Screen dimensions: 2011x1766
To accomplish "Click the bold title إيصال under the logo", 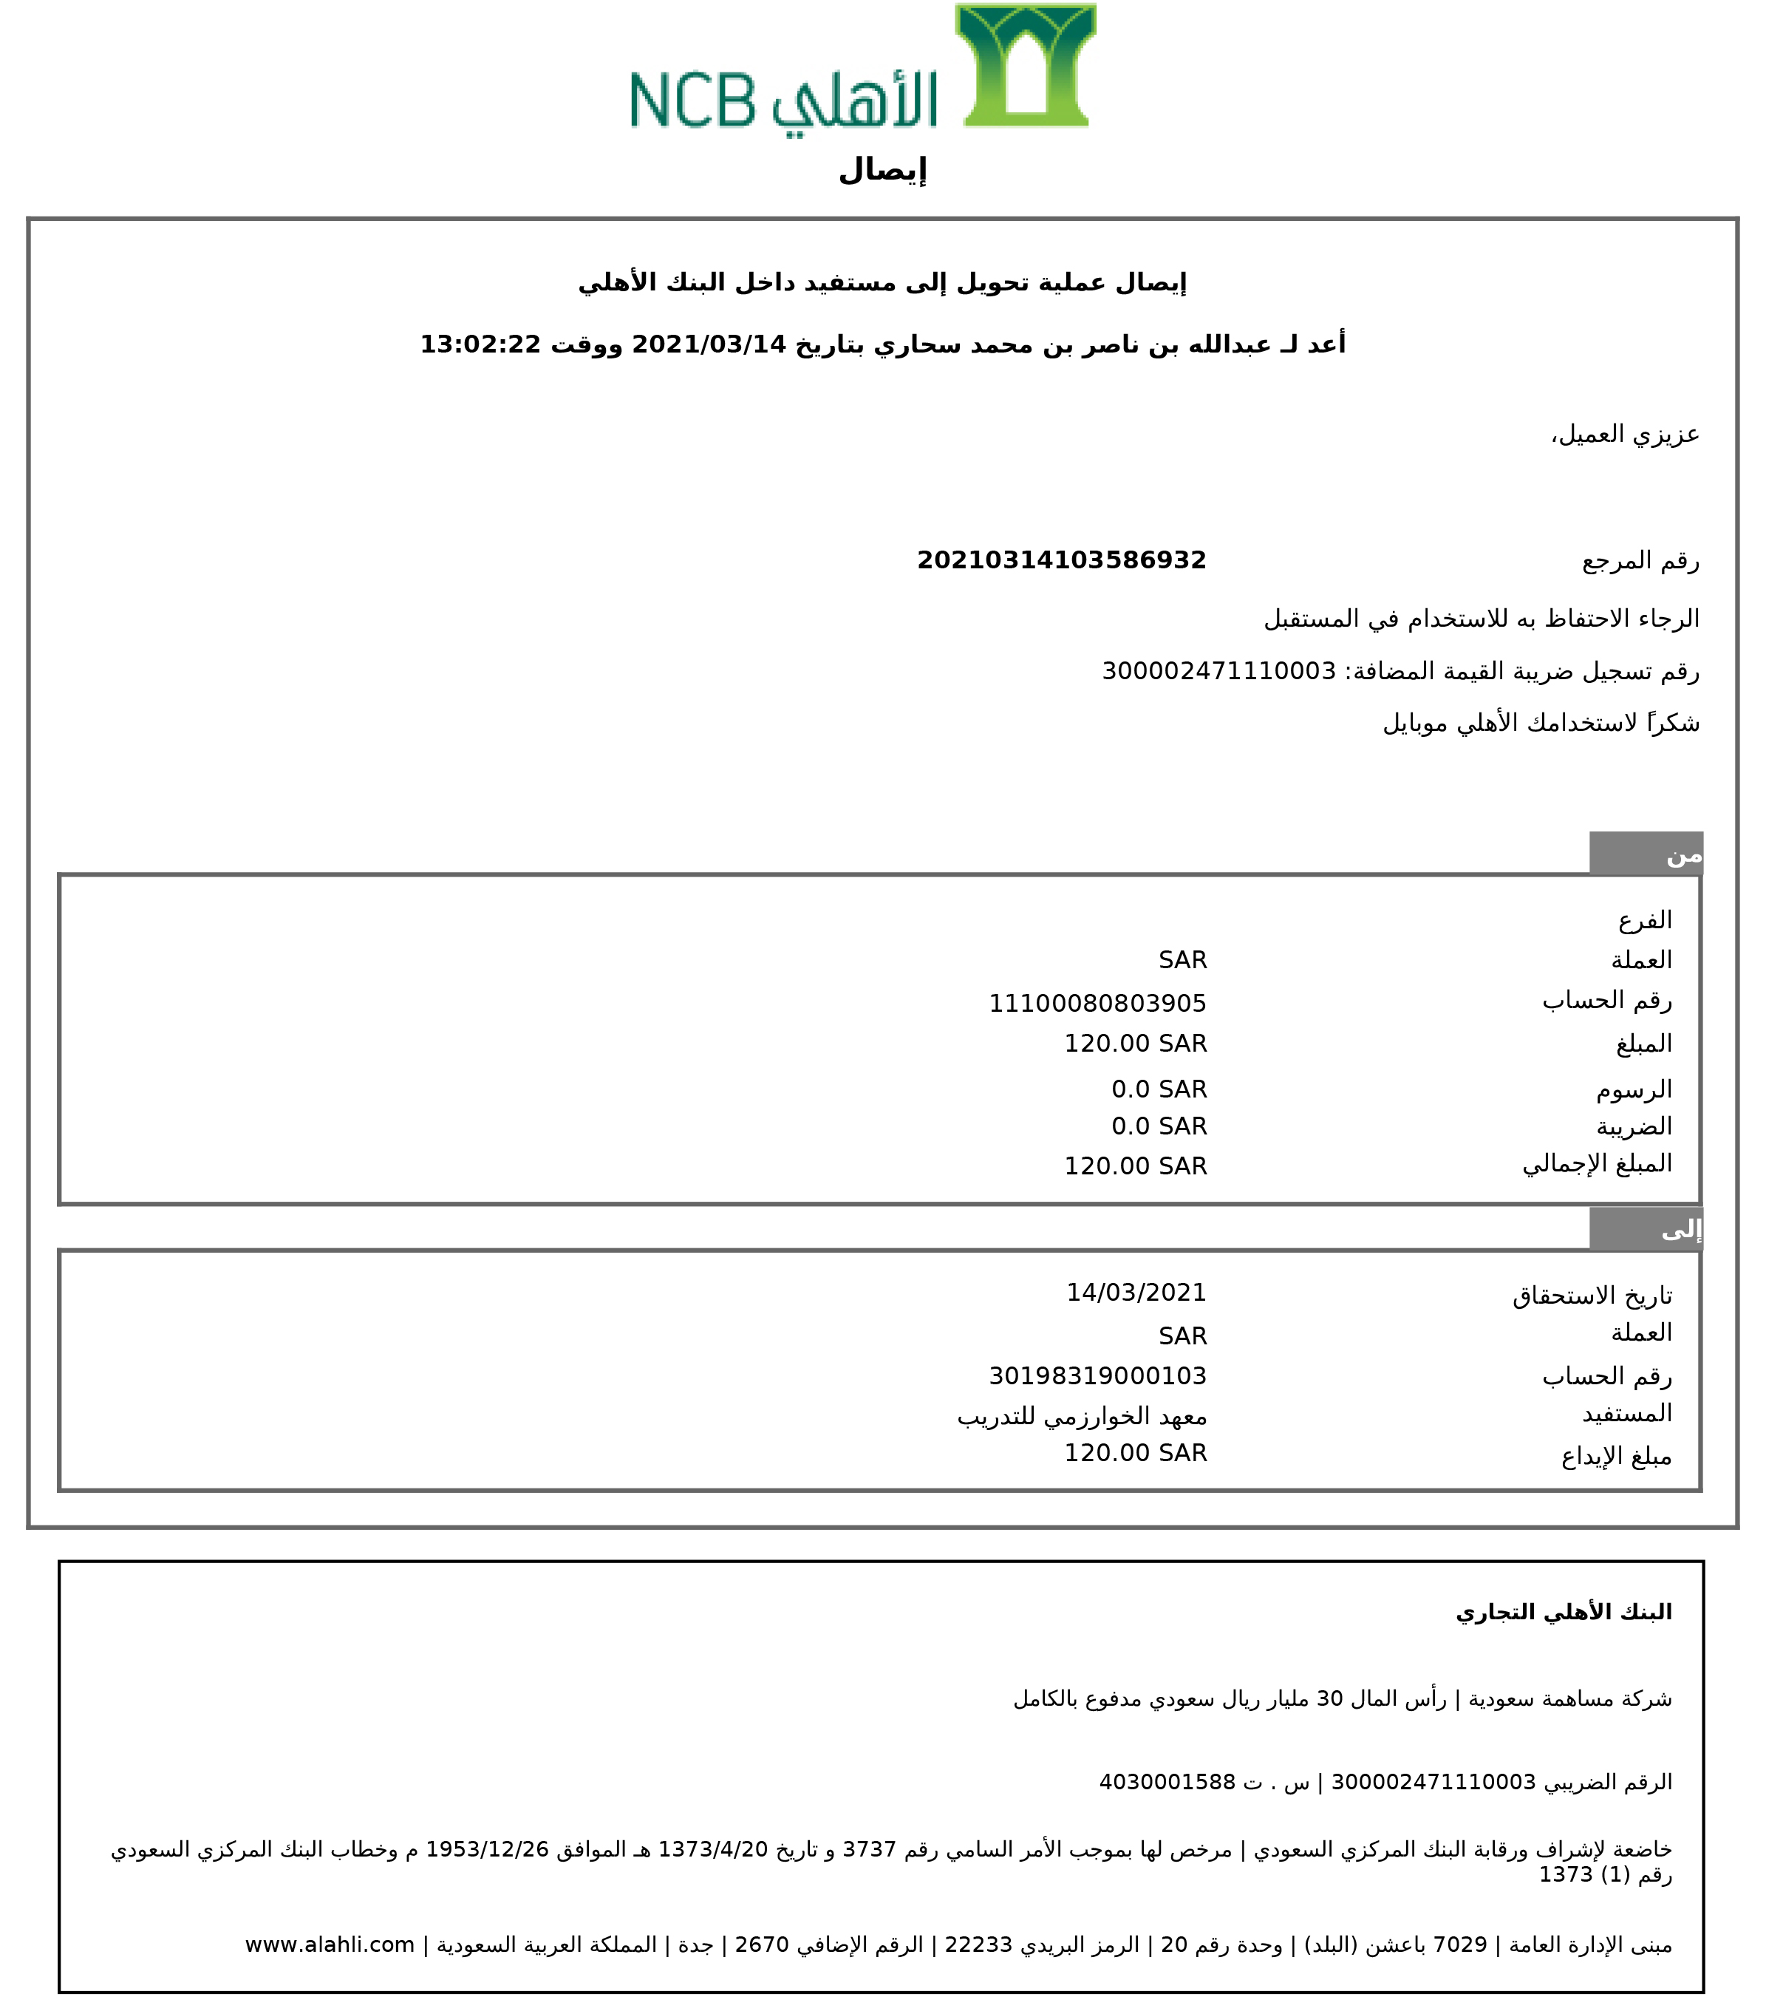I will point(882,170).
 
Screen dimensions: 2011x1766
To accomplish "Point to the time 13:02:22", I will point(480,344).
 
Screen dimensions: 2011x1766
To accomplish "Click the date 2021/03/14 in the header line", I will point(709,344).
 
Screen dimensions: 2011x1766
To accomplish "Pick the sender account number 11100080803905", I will point(1097,1004).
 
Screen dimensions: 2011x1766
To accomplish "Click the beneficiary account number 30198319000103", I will point(1097,1375).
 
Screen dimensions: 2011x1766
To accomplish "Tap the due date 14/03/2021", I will point(1136,1292).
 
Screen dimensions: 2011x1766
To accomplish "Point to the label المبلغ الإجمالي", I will point(1597,1164).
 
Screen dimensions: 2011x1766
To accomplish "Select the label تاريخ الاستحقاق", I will point(1592,1296).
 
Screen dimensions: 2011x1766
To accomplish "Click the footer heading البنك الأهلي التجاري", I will point(1564,1612).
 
